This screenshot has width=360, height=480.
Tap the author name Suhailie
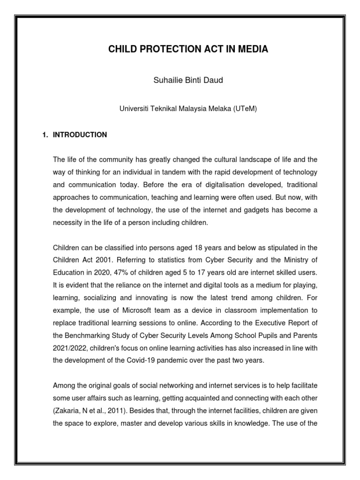(166, 80)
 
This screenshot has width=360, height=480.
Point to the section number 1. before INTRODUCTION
(45, 135)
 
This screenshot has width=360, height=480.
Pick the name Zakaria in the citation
(67, 410)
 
